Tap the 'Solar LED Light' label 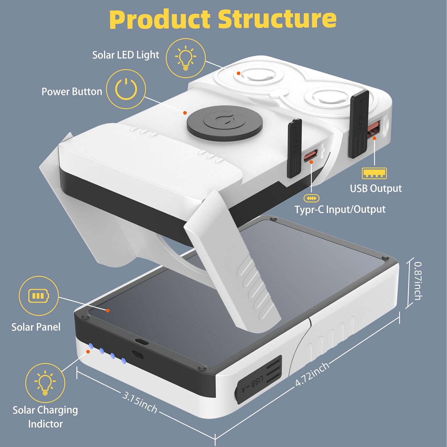[125, 55]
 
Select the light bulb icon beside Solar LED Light [185, 58]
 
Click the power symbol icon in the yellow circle [126, 89]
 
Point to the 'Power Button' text [72, 91]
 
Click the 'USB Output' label [375, 188]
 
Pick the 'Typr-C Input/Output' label [340, 209]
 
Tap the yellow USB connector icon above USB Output [374, 173]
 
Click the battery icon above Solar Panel [38, 296]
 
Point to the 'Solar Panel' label [36, 327]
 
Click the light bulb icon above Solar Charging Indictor [45, 383]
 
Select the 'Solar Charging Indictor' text [45, 417]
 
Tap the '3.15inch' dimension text [139, 402]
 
